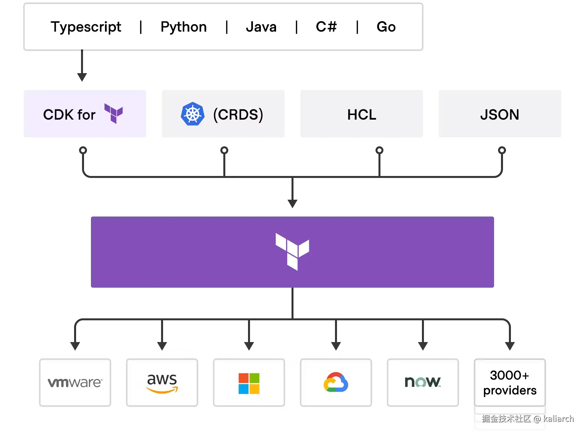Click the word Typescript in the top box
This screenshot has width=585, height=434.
coord(86,27)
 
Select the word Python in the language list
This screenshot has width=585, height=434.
coord(183,27)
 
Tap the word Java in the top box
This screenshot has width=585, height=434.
coord(261,27)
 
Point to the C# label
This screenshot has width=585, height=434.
coord(326,27)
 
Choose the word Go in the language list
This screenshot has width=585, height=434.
coord(386,27)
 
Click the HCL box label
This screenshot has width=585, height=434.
coord(362,115)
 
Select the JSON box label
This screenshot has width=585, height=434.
coord(500,115)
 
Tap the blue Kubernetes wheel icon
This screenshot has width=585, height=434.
coord(193,114)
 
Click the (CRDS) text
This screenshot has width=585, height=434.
coord(238,115)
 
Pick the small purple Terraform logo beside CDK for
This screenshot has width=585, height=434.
coord(114,113)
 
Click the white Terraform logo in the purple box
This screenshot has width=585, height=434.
coord(292,252)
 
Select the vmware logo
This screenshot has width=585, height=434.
coord(75,382)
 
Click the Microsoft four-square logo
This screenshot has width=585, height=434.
coord(249,383)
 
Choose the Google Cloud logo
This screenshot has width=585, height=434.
coord(336,382)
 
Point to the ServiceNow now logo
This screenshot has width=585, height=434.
coord(423,382)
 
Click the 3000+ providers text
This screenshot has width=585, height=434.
coord(510,383)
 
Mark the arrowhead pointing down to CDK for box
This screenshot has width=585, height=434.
coord(82,77)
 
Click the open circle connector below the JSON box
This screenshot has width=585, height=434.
coord(502,150)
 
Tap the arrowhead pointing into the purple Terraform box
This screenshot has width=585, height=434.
coord(292,204)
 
